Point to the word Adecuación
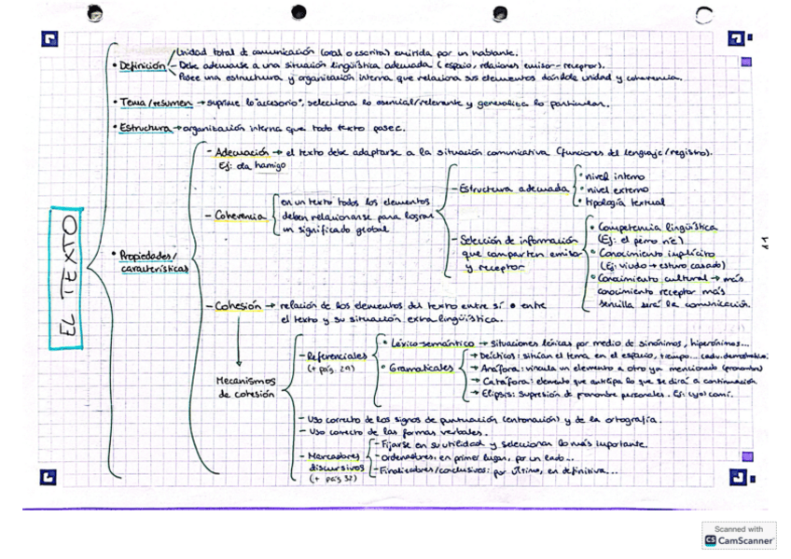[x=238, y=150]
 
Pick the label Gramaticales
[x=421, y=369]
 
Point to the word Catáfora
[x=500, y=382]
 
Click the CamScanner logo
[x=740, y=535]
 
